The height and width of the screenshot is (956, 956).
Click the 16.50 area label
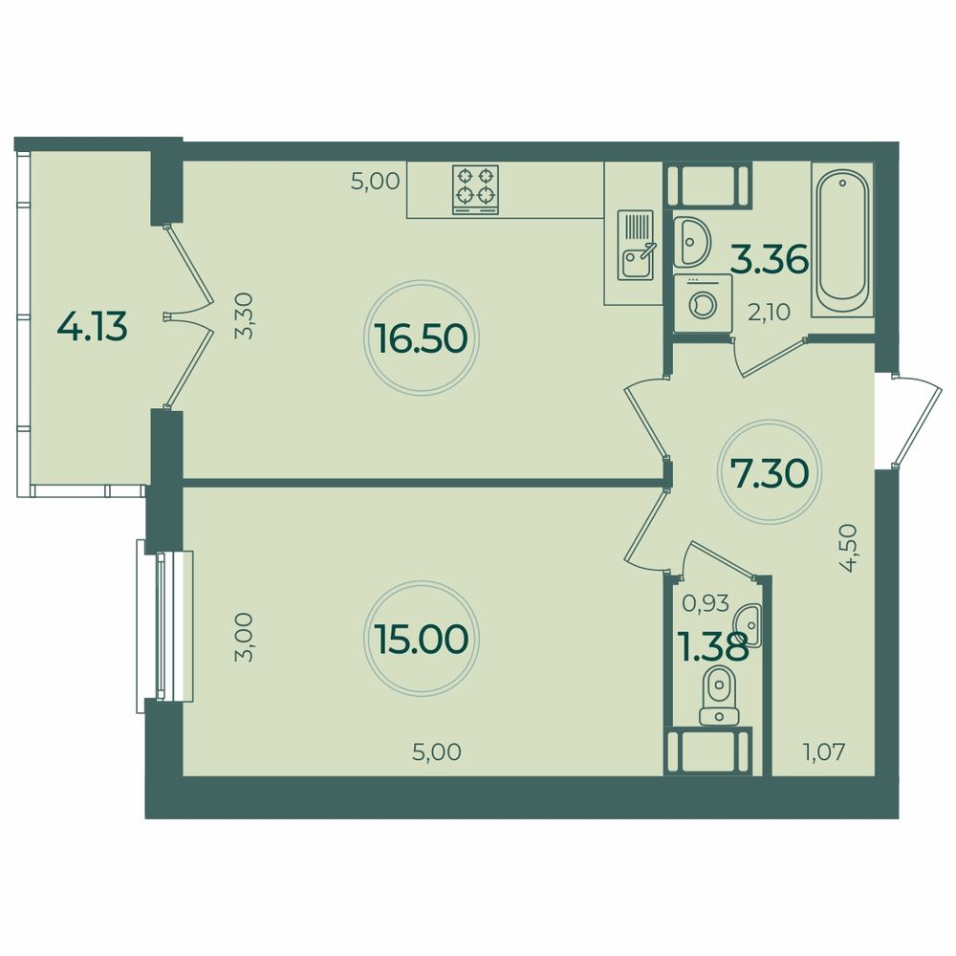pyautogui.click(x=422, y=337)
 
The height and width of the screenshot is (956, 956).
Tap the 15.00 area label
pyautogui.click(x=422, y=639)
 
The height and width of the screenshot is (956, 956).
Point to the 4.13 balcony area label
pyautogui.click(x=93, y=328)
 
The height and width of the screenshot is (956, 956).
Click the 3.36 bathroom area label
pyautogui.click(x=770, y=258)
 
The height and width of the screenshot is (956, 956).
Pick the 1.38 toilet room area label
pyautogui.click(x=712, y=647)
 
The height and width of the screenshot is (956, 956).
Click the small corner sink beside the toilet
pyautogui.click(x=751, y=627)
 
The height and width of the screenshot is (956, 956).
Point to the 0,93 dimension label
pyautogui.click(x=706, y=603)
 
